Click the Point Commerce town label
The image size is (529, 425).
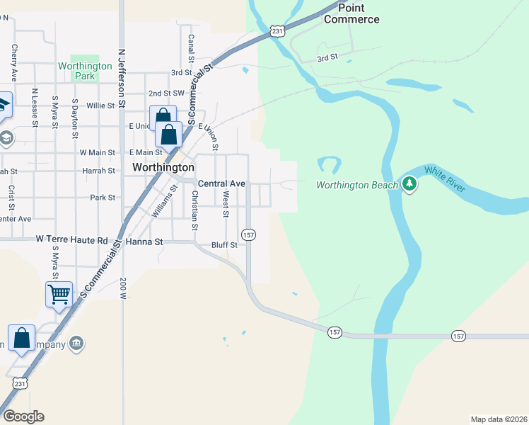click(351, 13)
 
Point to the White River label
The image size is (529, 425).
click(444, 179)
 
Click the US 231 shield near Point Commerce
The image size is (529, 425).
click(277, 31)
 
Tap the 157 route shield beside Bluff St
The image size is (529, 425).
click(248, 234)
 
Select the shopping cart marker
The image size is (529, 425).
click(59, 293)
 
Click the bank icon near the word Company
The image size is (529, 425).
click(76, 344)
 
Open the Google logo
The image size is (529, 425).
click(23, 416)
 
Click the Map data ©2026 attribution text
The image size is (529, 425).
click(499, 419)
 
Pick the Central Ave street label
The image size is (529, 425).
click(221, 183)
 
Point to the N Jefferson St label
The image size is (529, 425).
click(122, 78)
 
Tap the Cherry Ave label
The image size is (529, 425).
click(13, 63)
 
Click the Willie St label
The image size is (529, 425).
click(100, 106)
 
